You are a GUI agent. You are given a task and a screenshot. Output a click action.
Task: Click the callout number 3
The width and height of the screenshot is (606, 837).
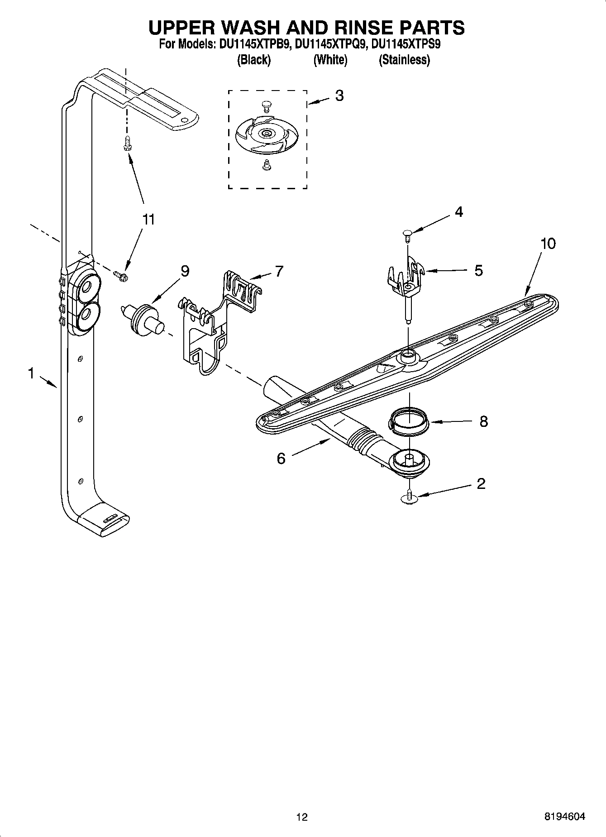coord(339,96)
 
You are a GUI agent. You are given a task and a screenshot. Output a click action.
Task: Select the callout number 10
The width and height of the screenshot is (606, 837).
coord(548,244)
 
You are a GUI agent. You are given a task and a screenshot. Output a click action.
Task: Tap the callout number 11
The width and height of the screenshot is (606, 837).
coord(148,220)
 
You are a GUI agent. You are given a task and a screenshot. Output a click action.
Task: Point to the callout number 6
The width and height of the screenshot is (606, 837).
coord(281,459)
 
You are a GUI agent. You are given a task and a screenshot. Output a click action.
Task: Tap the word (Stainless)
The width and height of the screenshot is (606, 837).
coord(404,60)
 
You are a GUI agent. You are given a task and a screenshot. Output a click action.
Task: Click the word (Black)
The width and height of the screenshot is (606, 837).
coord(253,60)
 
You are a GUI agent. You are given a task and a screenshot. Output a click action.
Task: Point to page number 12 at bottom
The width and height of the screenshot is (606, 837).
coord(302,817)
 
